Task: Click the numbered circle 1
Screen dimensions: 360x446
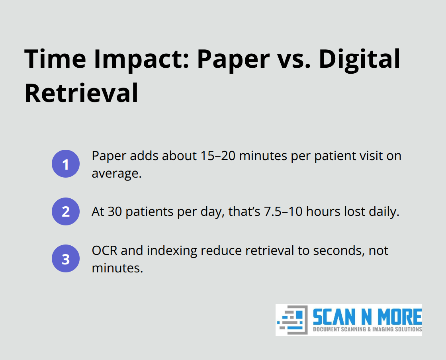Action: [66, 164]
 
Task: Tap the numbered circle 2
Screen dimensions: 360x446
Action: [66, 211]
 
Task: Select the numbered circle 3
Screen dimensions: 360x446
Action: [66, 259]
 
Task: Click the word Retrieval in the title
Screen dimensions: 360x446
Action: [82, 92]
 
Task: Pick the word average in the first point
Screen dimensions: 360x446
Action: [116, 174]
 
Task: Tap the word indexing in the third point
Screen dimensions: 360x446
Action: [168, 251]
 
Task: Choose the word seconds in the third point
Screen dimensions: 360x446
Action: [323, 251]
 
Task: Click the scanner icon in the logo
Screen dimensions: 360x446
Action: [292, 320]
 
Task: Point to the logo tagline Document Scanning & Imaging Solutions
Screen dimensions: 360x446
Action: [367, 329]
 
